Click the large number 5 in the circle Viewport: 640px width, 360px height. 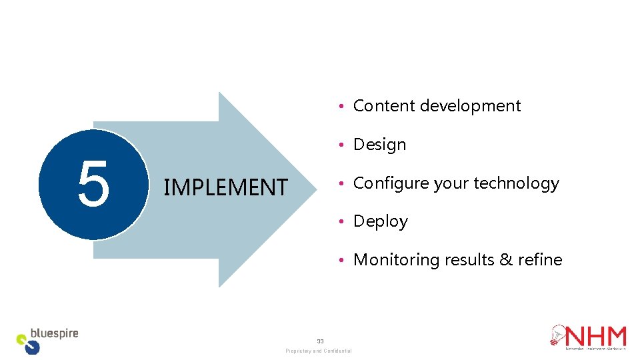coord(93,184)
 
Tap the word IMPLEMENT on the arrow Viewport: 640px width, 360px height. coord(225,187)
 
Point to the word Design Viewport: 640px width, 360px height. coord(379,145)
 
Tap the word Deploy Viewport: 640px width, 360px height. coord(380,221)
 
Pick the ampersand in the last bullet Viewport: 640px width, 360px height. coord(506,259)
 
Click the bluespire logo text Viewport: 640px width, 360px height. coord(55,333)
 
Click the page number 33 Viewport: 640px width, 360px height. coord(320,341)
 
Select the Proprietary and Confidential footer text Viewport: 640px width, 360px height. coord(319,351)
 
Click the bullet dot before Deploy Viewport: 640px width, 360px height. coord(341,222)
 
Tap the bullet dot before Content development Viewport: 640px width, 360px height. coord(341,107)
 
